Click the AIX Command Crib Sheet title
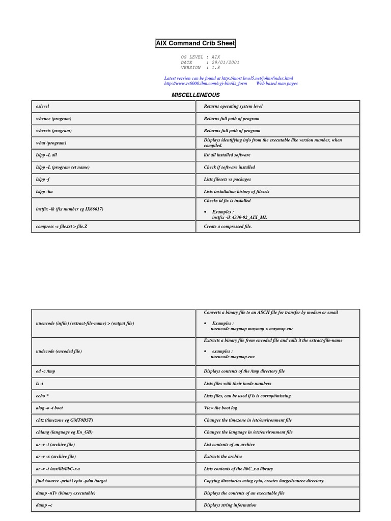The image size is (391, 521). click(x=195, y=43)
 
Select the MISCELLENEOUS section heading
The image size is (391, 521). click(x=195, y=95)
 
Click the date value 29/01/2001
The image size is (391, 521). click(x=226, y=63)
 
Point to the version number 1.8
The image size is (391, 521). click(x=216, y=68)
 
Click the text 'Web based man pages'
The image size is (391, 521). click(x=276, y=83)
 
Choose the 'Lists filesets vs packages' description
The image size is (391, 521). click(x=227, y=180)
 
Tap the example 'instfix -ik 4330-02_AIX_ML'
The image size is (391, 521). click(x=239, y=217)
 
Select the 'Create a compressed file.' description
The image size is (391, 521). click(x=228, y=226)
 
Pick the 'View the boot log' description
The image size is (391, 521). click(x=220, y=408)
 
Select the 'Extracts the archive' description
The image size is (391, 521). click(x=223, y=457)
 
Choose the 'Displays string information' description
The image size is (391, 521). click(x=230, y=505)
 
